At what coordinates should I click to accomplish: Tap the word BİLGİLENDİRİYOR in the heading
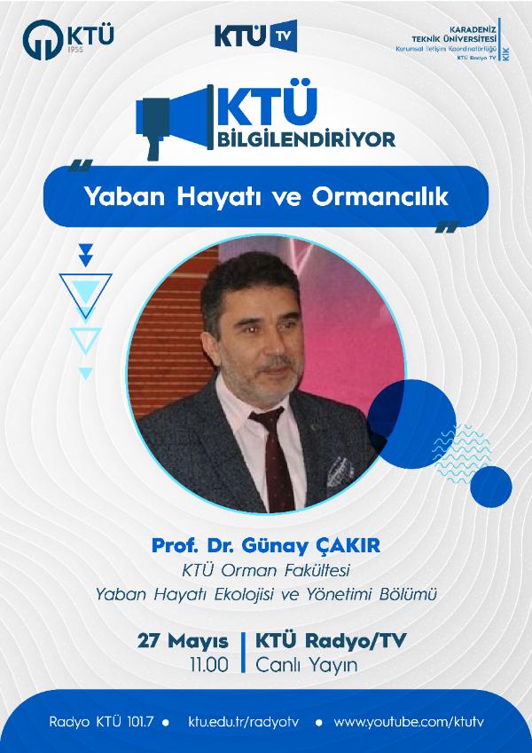[307, 139]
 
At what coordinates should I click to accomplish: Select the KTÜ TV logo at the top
[256, 36]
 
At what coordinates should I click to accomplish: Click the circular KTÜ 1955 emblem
[43, 40]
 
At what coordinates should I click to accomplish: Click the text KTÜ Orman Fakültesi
[266, 571]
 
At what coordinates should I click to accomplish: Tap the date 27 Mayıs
[183, 642]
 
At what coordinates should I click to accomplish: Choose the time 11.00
[209, 665]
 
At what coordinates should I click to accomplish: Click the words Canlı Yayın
[306, 666]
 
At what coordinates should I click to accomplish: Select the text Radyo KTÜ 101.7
[101, 722]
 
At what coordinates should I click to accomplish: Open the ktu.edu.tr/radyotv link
[244, 722]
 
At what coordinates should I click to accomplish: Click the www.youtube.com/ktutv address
[409, 722]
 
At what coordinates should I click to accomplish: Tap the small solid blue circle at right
[490, 487]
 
